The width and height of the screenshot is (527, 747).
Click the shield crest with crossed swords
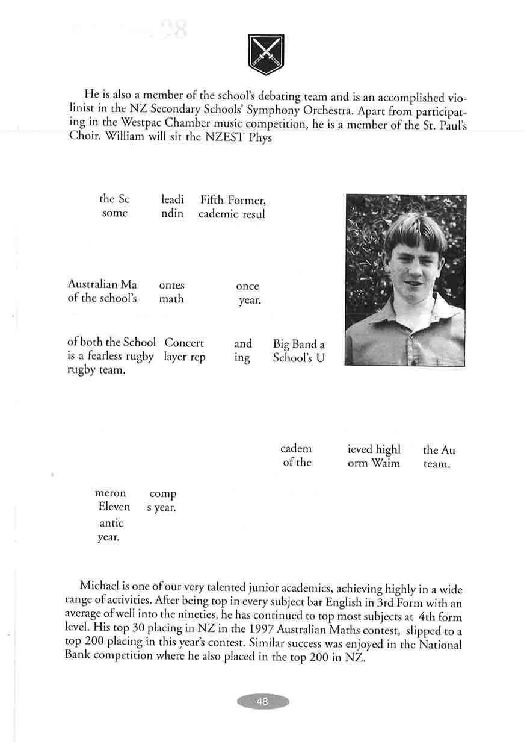coord(266,54)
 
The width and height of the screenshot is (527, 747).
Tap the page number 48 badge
coord(262,702)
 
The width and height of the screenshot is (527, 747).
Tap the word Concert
coord(184,343)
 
